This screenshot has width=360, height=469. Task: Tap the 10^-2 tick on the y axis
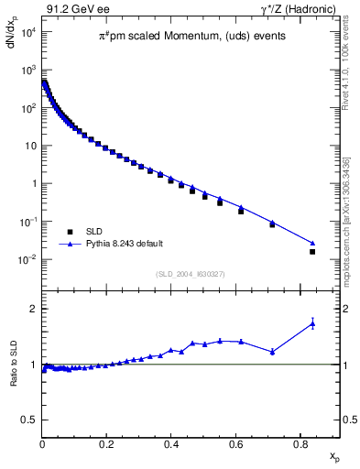pos(27,260)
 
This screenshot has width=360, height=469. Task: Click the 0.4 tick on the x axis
pos(171,443)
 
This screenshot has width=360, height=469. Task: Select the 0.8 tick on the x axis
pos(300,443)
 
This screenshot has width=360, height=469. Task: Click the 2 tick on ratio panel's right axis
pos(347,309)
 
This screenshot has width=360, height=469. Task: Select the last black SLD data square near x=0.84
pos(312,251)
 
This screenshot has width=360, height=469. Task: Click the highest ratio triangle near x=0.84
pos(312,322)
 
